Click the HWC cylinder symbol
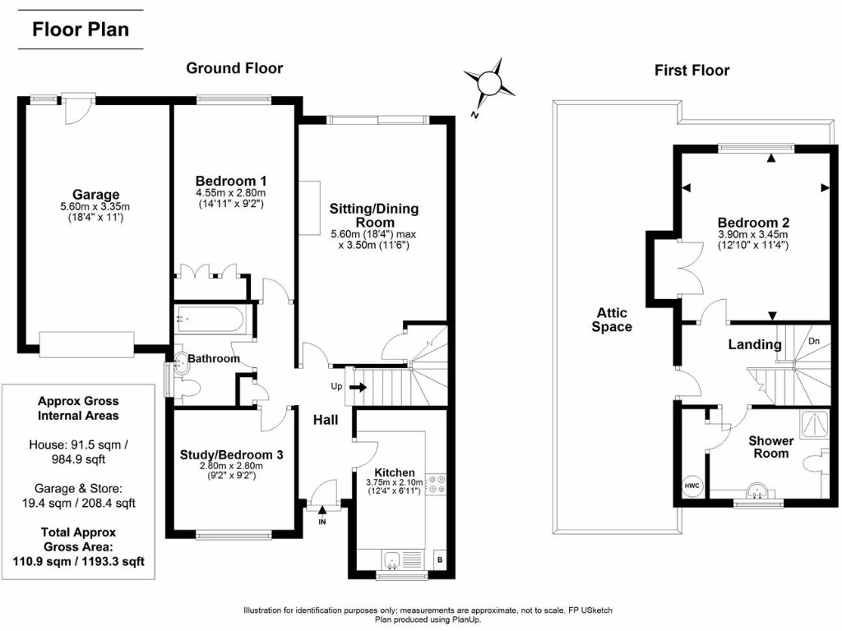pyautogui.click(x=692, y=486)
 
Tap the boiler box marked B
pyautogui.click(x=440, y=560)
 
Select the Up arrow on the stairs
pyautogui.click(x=359, y=387)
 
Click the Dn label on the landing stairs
pyautogui.click(x=814, y=341)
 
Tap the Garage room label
pyautogui.click(x=96, y=194)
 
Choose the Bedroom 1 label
pyautogui.click(x=231, y=181)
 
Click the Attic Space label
pyautogui.click(x=612, y=320)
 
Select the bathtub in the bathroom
pyautogui.click(x=211, y=320)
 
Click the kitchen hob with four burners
pyautogui.click(x=436, y=485)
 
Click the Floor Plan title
pyautogui.click(x=81, y=29)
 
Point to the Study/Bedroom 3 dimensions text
pyautogui.click(x=231, y=471)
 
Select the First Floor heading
pyautogui.click(x=692, y=71)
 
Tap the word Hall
pyautogui.click(x=326, y=420)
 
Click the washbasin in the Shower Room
pyautogui.click(x=758, y=491)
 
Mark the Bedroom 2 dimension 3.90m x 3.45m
pyautogui.click(x=753, y=234)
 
